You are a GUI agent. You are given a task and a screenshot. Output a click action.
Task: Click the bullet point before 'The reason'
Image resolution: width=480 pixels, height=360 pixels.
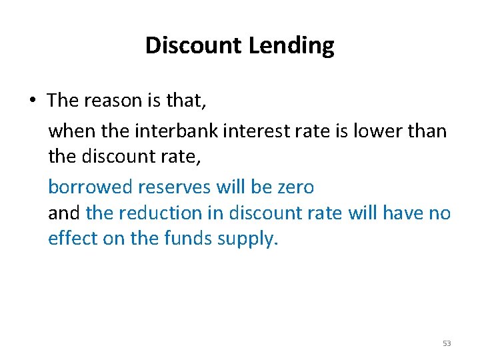coord(32,101)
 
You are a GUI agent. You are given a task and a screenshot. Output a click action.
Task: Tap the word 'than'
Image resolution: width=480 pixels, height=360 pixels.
coord(425,130)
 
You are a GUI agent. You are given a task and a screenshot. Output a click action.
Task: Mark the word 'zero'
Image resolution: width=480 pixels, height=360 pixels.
coord(293,187)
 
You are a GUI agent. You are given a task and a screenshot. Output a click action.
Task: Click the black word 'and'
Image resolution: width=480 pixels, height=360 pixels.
coord(64,213)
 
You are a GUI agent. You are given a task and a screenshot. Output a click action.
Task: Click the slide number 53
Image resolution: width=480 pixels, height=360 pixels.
coord(447,343)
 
